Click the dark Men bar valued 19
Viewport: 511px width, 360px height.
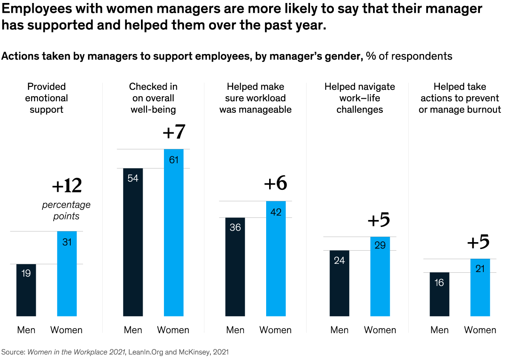click(26, 290)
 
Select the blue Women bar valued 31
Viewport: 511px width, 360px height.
click(67, 274)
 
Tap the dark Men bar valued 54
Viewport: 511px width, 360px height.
click(133, 242)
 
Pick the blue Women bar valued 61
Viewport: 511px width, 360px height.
click(174, 232)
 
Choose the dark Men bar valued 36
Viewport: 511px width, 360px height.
click(235, 267)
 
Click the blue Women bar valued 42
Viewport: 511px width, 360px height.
click(276, 258)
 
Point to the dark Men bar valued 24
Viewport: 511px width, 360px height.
click(339, 283)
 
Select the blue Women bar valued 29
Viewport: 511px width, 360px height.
click(380, 276)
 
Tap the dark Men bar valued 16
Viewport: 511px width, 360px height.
click(439, 294)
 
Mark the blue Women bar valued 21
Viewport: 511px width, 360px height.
click(480, 287)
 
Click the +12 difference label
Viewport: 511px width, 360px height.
click(66, 186)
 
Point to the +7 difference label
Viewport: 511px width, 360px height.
click(174, 132)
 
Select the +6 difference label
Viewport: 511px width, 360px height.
click(276, 183)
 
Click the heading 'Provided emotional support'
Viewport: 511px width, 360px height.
click(46, 98)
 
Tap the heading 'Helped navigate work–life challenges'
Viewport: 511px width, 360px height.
click(360, 98)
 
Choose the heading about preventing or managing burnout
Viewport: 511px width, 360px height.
click(460, 98)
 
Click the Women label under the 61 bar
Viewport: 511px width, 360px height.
click(173, 330)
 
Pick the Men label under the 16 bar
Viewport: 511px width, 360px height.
click(439, 330)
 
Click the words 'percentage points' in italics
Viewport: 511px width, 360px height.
click(66, 210)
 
